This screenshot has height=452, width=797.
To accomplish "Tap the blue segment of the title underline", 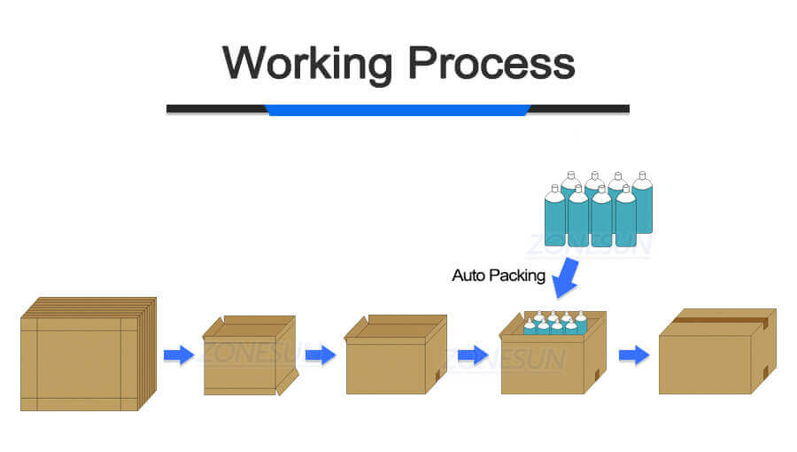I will click(398, 110).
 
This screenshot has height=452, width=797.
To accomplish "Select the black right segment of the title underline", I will click(580, 109).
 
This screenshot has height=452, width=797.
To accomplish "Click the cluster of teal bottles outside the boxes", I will click(598, 211).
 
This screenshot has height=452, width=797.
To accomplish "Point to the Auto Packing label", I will click(499, 276).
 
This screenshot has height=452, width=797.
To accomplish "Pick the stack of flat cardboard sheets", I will click(87, 355).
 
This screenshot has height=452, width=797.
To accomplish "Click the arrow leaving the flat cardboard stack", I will click(178, 355).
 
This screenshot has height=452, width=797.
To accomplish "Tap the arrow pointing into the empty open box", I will click(320, 355).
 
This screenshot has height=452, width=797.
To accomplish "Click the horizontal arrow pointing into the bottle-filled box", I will click(473, 355).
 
